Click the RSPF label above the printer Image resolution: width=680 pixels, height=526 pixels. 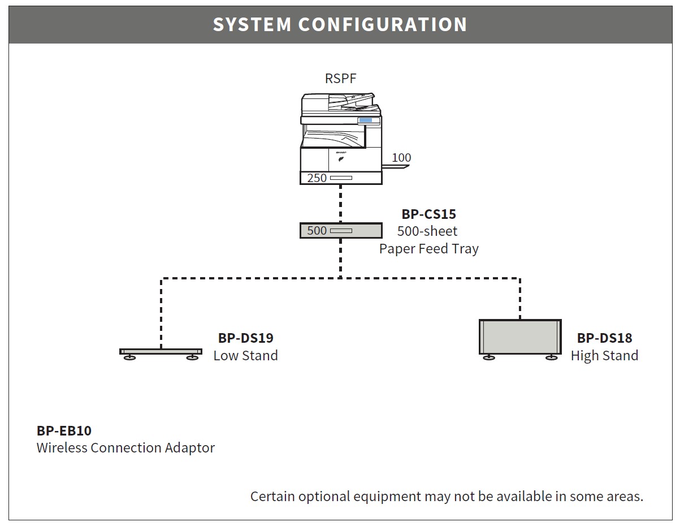[340, 78]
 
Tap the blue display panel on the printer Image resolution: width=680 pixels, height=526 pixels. [365, 120]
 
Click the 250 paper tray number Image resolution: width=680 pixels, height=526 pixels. [317, 178]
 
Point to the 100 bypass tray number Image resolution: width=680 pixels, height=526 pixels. [401, 157]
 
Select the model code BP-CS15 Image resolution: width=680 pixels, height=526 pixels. [428, 214]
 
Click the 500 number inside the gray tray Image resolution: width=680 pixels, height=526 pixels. [317, 230]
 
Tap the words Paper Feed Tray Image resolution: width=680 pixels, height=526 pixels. [428, 249]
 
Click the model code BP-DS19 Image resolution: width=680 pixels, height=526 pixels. [246, 338]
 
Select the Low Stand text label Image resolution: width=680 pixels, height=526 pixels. [246, 355]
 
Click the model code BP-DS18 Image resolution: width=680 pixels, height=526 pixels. [604, 338]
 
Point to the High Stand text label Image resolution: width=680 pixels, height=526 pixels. [604, 356]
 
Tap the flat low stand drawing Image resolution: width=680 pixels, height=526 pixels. [161, 352]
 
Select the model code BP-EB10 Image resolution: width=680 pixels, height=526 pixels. [64, 431]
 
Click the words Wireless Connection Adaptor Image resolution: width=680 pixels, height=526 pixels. [126, 448]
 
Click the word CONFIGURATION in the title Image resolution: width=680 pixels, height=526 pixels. [383, 24]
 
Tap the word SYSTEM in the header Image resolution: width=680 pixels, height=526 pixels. [252, 24]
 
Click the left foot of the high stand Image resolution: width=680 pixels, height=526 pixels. [489, 357]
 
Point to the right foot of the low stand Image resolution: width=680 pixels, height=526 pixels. [192, 357]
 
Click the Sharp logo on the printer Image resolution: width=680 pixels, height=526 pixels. [341, 153]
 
